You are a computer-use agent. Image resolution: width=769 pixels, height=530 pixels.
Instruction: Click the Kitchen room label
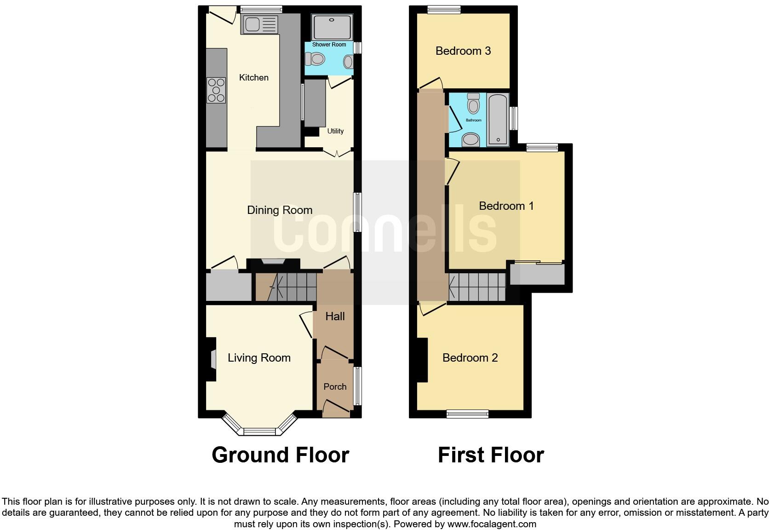(253, 77)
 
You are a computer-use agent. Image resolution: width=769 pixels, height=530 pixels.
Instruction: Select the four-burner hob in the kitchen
(217, 90)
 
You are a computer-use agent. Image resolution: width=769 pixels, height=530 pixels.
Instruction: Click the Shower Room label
(329, 45)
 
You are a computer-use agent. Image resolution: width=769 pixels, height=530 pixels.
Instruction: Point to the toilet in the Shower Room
(315, 59)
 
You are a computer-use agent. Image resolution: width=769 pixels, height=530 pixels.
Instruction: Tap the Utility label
(335, 131)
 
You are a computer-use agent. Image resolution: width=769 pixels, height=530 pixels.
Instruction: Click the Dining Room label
(280, 210)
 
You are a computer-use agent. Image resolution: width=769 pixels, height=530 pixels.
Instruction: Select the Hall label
(335, 317)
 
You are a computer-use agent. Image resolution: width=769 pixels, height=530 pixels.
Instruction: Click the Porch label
(335, 386)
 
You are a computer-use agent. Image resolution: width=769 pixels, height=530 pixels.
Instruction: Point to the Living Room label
(259, 358)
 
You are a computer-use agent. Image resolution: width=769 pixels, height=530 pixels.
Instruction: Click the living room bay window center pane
(259, 432)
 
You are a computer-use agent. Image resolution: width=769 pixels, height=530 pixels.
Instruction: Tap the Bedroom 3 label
(463, 51)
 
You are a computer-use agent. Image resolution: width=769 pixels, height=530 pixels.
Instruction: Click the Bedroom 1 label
(506, 206)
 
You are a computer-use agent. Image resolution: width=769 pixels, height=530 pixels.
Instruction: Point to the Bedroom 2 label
(470, 358)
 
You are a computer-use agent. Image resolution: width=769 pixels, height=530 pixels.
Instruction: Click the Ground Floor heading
(280, 455)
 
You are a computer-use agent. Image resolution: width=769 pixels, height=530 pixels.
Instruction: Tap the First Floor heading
(491, 455)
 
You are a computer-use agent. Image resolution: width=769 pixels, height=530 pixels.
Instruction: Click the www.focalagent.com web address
(491, 524)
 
